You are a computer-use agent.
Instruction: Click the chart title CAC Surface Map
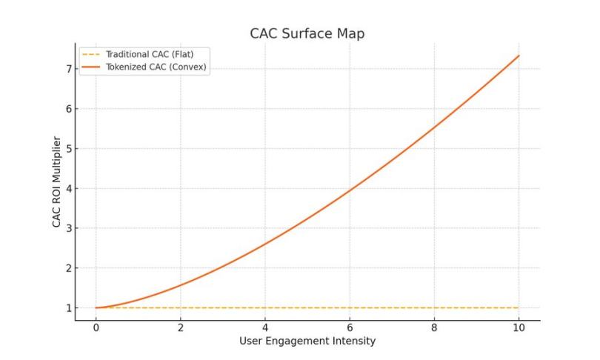pos(307,34)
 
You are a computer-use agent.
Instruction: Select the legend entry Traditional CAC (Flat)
pos(149,55)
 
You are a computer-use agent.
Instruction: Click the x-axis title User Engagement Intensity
pos(307,341)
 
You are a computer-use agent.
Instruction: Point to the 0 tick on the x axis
pos(96,327)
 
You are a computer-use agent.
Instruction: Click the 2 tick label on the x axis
pos(180,327)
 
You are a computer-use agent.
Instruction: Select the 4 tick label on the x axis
pos(264,327)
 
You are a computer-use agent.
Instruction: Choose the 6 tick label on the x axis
pos(349,327)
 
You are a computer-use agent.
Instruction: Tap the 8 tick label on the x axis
pos(434,327)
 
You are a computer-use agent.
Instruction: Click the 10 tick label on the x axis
pos(519,327)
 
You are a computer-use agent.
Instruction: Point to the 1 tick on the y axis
pos(68,308)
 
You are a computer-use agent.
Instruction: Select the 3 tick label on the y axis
pos(68,228)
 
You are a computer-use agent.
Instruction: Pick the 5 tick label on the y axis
pos(68,148)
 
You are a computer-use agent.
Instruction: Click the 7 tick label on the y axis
pos(68,69)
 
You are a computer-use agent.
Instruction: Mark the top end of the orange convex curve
pos(519,56)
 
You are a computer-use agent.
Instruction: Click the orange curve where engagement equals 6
pos(349,190)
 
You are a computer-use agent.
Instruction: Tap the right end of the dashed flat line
pos(519,307)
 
